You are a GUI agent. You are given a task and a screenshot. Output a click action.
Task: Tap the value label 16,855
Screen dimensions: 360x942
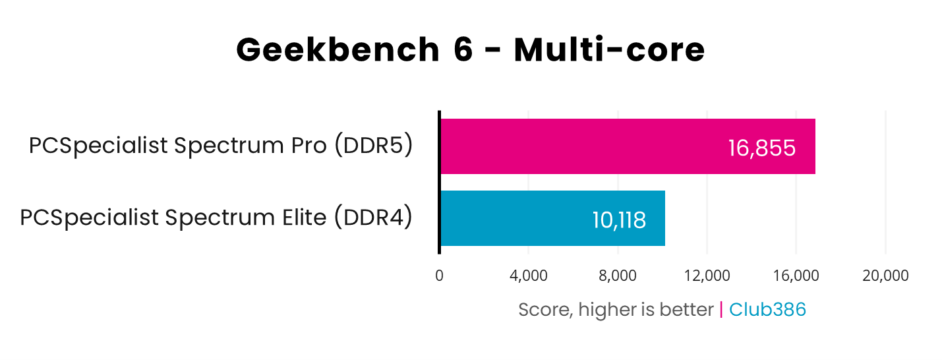pyautogui.click(x=761, y=148)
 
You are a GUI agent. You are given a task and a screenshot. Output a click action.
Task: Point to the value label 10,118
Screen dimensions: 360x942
pyautogui.click(x=618, y=220)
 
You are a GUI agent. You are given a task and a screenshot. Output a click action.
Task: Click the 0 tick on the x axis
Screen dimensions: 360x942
pyautogui.click(x=439, y=276)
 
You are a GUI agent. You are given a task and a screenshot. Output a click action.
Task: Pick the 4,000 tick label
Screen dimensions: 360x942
pyautogui.click(x=528, y=276)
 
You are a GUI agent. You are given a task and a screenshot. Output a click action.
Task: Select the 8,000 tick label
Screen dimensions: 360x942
pyautogui.click(x=618, y=276)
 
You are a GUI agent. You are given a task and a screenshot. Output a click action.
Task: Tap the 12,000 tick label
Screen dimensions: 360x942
pyautogui.click(x=707, y=276)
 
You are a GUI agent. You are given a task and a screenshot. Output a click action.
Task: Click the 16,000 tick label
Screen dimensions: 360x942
pyautogui.click(x=796, y=276)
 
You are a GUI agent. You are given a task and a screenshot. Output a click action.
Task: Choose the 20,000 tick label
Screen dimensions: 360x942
pyautogui.click(x=885, y=276)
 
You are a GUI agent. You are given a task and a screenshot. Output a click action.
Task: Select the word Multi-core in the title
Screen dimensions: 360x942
pyautogui.click(x=609, y=50)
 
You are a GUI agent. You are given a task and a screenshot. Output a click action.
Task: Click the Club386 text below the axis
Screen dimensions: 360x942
pyautogui.click(x=767, y=309)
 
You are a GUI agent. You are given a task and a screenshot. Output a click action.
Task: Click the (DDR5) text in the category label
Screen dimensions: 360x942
pyautogui.click(x=373, y=146)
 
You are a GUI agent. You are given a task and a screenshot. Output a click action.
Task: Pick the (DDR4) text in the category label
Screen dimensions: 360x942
pyautogui.click(x=372, y=218)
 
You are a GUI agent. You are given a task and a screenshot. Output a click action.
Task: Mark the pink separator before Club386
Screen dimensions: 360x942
pyautogui.click(x=721, y=309)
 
